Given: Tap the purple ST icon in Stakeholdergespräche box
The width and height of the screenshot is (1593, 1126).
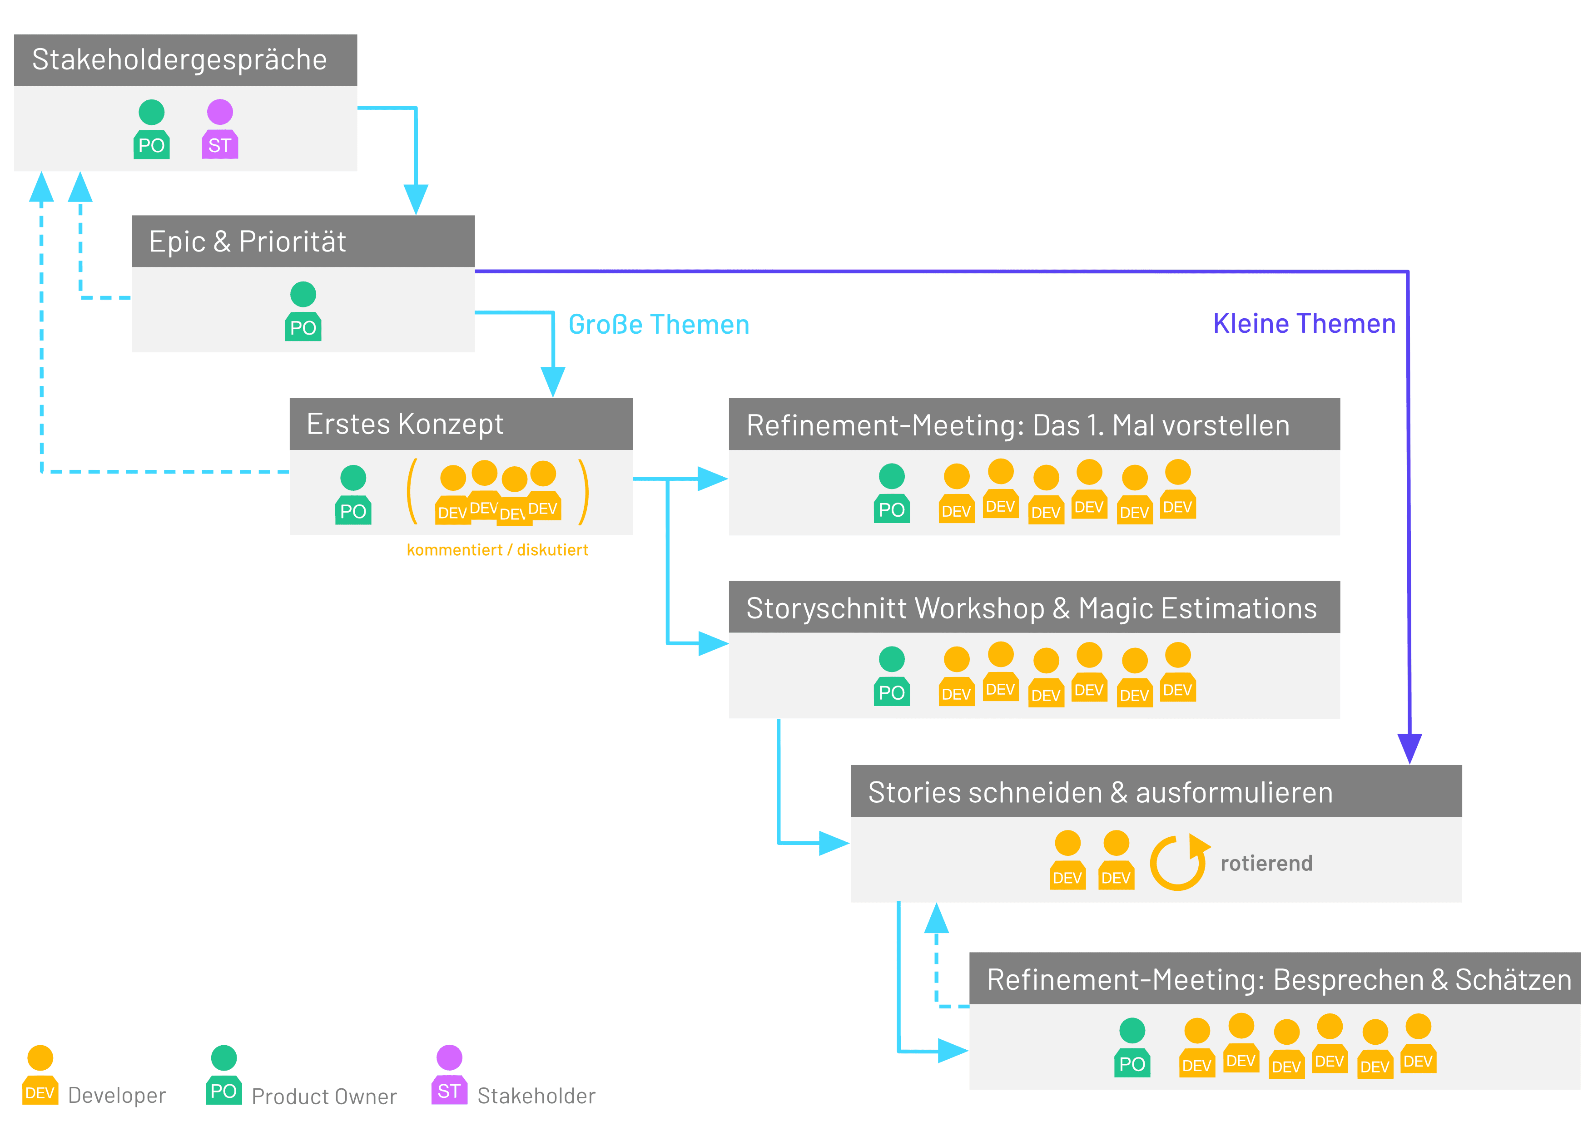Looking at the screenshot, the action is pyautogui.click(x=220, y=129).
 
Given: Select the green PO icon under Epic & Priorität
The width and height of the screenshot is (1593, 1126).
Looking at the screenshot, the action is pyautogui.click(x=303, y=311).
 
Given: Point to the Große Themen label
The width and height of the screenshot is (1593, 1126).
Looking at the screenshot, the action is pyautogui.click(x=659, y=325).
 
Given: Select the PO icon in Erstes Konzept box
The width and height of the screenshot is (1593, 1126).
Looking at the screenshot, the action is pyautogui.click(x=353, y=495).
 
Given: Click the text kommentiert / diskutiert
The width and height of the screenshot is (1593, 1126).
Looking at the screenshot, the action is pyautogui.click(x=497, y=550).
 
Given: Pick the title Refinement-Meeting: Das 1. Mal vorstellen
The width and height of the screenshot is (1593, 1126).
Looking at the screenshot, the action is pyautogui.click(x=1018, y=425).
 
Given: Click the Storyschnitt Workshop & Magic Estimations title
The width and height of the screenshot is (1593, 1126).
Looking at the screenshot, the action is pyautogui.click(x=1031, y=608).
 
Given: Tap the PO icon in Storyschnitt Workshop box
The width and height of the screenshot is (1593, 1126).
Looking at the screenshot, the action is pyautogui.click(x=892, y=676).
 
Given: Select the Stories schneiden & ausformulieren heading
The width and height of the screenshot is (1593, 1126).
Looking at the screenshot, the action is pyautogui.click(x=1101, y=792).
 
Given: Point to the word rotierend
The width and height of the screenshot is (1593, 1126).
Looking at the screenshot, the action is pyautogui.click(x=1266, y=863).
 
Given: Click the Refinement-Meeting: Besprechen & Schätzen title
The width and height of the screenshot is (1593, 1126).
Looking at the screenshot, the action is pyautogui.click(x=1279, y=980).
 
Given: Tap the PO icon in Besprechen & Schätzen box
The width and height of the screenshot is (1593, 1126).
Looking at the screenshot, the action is pyautogui.click(x=1132, y=1047).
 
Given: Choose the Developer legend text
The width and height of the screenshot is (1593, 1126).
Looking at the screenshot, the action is pyautogui.click(x=117, y=1096).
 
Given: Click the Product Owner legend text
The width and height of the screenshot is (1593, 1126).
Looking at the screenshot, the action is pyautogui.click(x=324, y=1096).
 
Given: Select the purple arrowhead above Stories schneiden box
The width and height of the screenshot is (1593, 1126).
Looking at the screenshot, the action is pyautogui.click(x=1410, y=749).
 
